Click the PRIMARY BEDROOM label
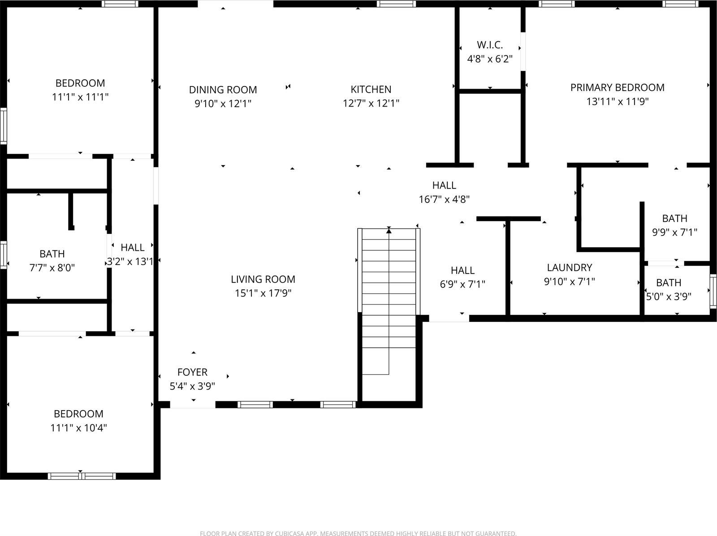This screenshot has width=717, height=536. (x=617, y=88)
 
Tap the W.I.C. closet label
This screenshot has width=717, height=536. (x=490, y=45)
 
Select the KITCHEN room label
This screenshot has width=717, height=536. (x=371, y=90)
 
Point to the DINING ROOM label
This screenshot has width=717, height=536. (x=223, y=90)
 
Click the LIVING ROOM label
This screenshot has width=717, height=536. (x=263, y=279)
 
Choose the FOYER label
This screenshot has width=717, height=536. (x=192, y=372)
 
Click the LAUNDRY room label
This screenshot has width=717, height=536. (x=569, y=268)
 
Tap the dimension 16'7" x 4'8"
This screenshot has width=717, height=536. (x=444, y=199)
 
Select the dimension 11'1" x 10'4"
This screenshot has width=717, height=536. (x=78, y=428)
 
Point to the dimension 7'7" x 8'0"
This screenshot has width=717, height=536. (x=52, y=268)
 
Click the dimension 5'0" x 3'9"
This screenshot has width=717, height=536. (x=669, y=296)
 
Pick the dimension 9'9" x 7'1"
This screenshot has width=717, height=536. (x=674, y=232)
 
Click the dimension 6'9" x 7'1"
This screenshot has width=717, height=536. (x=462, y=284)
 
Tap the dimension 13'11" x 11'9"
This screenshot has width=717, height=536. (x=617, y=102)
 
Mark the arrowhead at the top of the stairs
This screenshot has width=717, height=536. (x=389, y=231)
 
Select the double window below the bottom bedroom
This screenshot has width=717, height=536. (x=82, y=476)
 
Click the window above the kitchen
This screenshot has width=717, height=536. (x=396, y=4)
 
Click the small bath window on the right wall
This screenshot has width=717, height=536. (x=713, y=291)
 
